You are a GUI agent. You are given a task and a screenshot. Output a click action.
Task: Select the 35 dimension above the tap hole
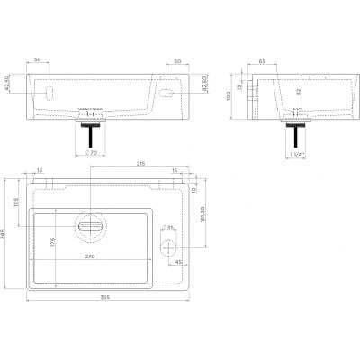click(172, 229)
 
